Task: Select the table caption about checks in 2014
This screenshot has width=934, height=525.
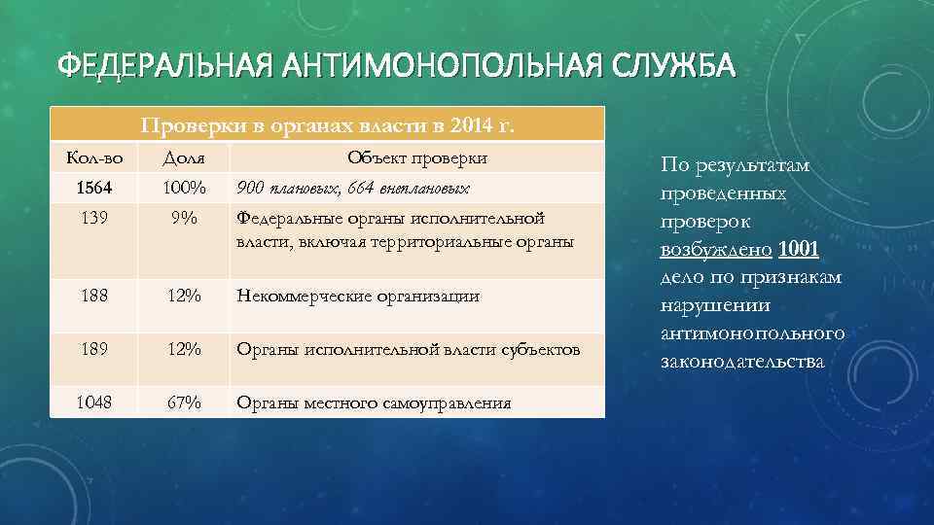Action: (327, 125)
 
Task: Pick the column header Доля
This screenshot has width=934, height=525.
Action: (184, 157)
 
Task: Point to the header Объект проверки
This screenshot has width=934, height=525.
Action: (417, 157)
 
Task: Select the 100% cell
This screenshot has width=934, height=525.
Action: (184, 187)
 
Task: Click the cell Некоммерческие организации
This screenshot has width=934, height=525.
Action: (358, 297)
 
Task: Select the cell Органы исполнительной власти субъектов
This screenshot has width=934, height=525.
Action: (409, 349)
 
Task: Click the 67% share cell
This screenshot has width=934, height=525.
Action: (184, 402)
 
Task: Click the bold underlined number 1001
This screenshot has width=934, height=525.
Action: (799, 250)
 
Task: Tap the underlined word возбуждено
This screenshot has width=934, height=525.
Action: (717, 250)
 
